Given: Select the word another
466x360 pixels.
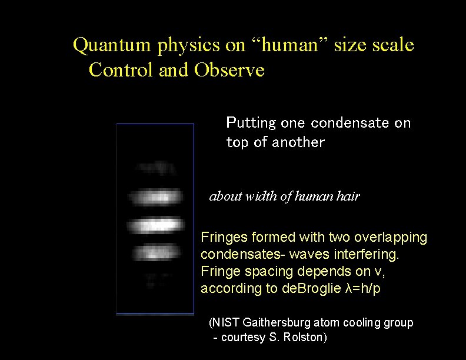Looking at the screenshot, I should [298, 142].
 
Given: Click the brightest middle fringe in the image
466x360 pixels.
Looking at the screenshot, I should [155, 226].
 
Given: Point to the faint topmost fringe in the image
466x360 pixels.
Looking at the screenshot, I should [155, 169].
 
